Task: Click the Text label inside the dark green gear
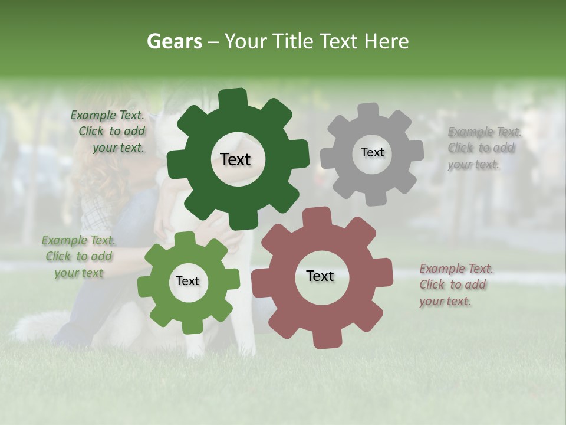click(235, 159)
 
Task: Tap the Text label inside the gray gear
click(372, 152)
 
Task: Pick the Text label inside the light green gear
click(187, 281)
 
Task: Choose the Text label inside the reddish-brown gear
click(320, 276)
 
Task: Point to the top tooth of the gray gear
click(369, 110)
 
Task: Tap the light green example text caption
click(78, 256)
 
